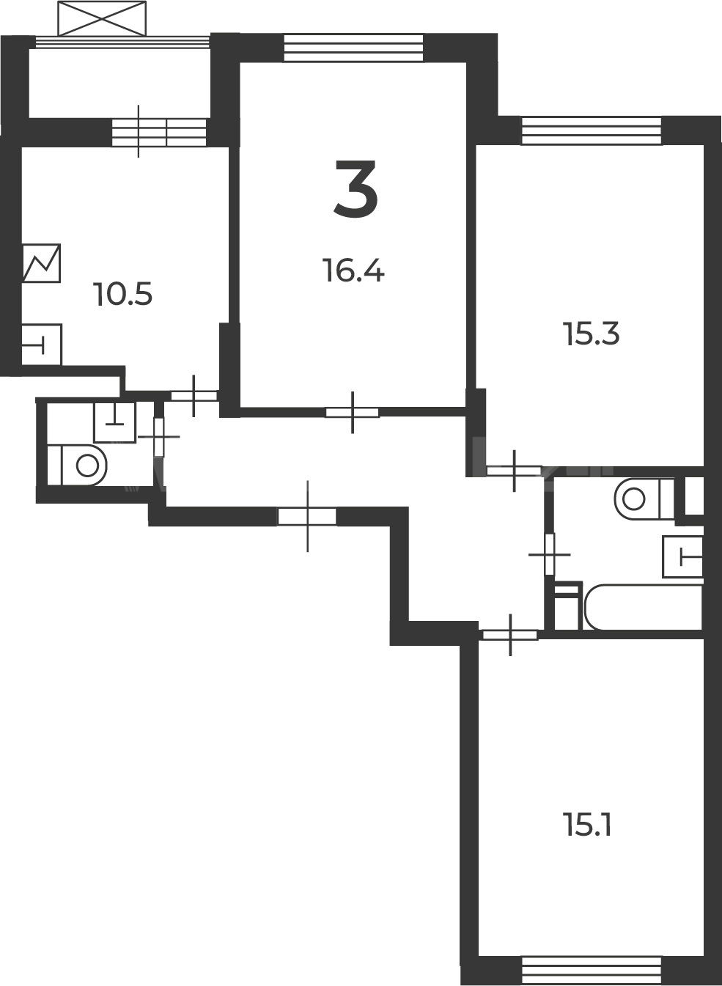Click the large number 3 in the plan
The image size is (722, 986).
[x=356, y=188]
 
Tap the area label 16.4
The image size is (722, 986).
[x=353, y=271]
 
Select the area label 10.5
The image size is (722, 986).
[x=123, y=294]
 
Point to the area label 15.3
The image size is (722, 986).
[x=592, y=334]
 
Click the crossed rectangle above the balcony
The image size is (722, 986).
[x=102, y=18]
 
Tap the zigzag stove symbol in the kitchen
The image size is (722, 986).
[x=41, y=263]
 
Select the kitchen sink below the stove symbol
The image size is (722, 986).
[x=41, y=345]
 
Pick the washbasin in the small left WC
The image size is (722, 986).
[x=115, y=422]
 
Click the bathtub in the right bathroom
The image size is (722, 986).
[x=643, y=608]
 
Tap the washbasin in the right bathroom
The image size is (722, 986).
[x=682, y=556]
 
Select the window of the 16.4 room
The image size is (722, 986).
[x=353, y=48]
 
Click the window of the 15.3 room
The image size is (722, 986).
[x=592, y=130]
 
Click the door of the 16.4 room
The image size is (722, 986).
[x=352, y=413]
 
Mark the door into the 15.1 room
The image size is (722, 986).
[x=510, y=635]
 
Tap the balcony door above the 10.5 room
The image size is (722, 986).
[x=159, y=132]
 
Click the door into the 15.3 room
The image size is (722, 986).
[x=515, y=471]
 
